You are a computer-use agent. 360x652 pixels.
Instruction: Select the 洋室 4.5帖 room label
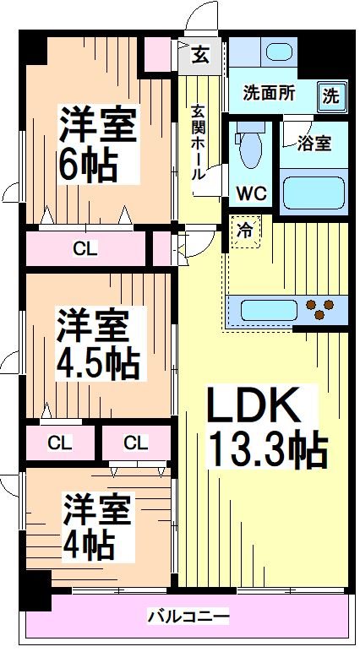pyautogui.click(x=97, y=345)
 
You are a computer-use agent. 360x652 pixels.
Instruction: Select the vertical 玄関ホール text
pyautogui.click(x=197, y=144)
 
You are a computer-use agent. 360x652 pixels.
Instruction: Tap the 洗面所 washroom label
pyautogui.click(x=269, y=93)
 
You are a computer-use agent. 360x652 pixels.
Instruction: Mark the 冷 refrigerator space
pyautogui.click(x=244, y=230)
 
